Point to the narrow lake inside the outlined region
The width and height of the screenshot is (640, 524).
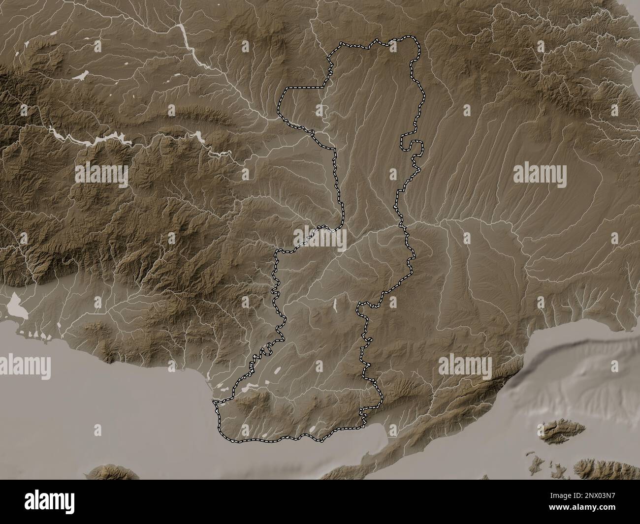pyautogui.click(x=335, y=306)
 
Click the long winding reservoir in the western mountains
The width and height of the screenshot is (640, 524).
pyautogui.click(x=94, y=139)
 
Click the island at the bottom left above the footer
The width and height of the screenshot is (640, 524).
pyautogui.click(x=113, y=472)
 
